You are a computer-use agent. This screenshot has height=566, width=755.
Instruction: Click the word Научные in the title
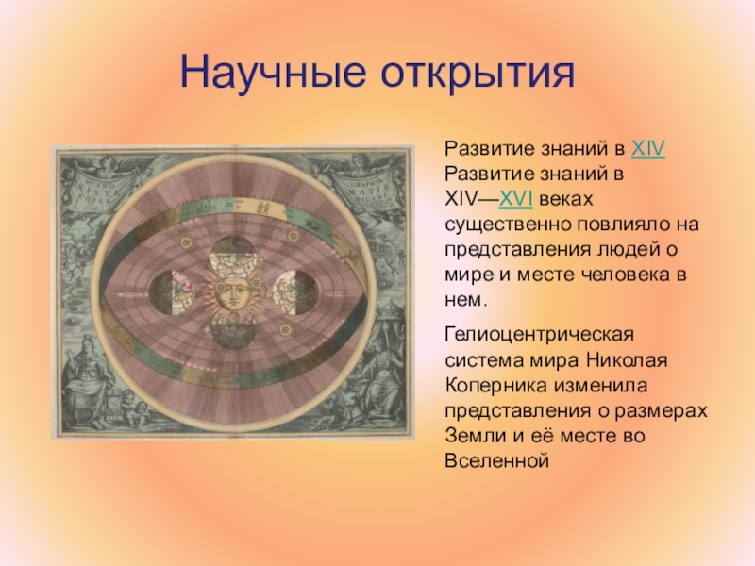[x=273, y=73]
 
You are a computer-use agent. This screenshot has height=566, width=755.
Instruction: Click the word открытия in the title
[x=478, y=74]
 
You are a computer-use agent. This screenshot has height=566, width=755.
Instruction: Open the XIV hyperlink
[x=648, y=149]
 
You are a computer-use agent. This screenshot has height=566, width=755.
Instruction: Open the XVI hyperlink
[x=515, y=199]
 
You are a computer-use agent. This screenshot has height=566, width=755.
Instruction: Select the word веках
[x=566, y=199]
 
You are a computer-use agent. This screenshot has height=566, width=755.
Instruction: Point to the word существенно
[x=506, y=225]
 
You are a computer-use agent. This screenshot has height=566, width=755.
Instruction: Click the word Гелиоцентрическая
[x=539, y=335]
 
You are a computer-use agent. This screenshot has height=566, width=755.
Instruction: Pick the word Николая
[x=627, y=360]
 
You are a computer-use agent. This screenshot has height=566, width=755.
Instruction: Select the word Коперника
[x=496, y=386]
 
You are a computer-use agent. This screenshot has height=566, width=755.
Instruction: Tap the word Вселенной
[x=497, y=460]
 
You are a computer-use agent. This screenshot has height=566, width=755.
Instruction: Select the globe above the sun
[x=232, y=257]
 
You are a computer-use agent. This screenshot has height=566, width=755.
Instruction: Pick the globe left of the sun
[x=172, y=292]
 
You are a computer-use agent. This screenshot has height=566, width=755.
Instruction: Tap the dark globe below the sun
[x=233, y=329]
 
